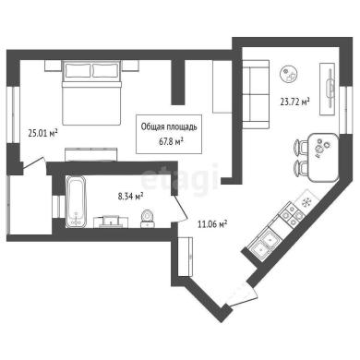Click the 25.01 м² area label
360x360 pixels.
[x=43, y=134]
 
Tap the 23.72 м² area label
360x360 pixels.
[x=294, y=102]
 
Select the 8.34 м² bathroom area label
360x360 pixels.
[x=131, y=196]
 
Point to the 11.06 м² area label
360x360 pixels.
[x=212, y=224]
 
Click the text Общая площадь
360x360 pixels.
[x=169, y=126]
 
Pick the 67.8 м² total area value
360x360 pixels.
[x=170, y=141]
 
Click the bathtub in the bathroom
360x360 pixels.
[x=76, y=201]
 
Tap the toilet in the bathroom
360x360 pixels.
[x=148, y=219]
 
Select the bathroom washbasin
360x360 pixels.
[x=111, y=222]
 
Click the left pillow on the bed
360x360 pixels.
[x=78, y=70]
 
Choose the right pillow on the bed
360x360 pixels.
[x=105, y=70]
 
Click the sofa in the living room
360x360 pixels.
[x=256, y=94]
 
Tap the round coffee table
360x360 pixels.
[x=289, y=74]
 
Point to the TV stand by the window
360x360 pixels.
[x=328, y=90]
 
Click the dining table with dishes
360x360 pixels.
[x=323, y=157]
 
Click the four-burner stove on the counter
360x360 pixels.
[x=292, y=214]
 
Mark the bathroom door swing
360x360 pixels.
[x=179, y=208]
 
